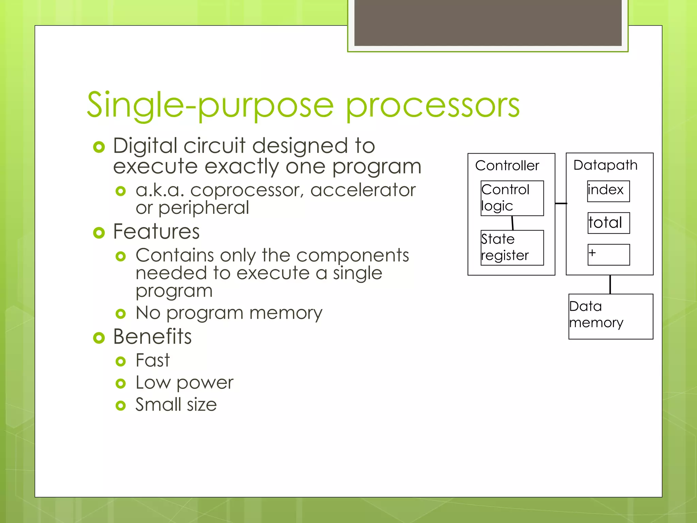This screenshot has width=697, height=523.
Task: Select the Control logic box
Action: (x=512, y=198)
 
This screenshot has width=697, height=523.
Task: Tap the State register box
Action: (x=512, y=248)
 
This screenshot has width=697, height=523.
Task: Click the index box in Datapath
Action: (x=608, y=191)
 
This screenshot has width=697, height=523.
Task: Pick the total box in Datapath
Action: (x=608, y=223)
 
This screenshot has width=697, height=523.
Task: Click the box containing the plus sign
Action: (x=608, y=254)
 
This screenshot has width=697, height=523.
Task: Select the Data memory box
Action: (x=611, y=316)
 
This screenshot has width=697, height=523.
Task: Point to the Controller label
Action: (x=507, y=165)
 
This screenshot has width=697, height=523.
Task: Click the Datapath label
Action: (x=605, y=165)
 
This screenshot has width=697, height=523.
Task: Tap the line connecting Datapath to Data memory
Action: (x=610, y=284)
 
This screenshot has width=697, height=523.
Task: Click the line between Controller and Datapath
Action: (x=561, y=203)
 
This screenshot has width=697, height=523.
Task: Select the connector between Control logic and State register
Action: (x=512, y=223)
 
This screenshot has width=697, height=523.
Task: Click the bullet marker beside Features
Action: (x=99, y=233)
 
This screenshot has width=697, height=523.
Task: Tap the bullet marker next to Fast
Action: (x=120, y=361)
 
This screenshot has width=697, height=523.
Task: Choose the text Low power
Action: (x=184, y=382)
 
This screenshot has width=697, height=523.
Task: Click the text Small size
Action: (x=176, y=405)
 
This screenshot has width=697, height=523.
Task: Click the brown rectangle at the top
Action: (x=488, y=22)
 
